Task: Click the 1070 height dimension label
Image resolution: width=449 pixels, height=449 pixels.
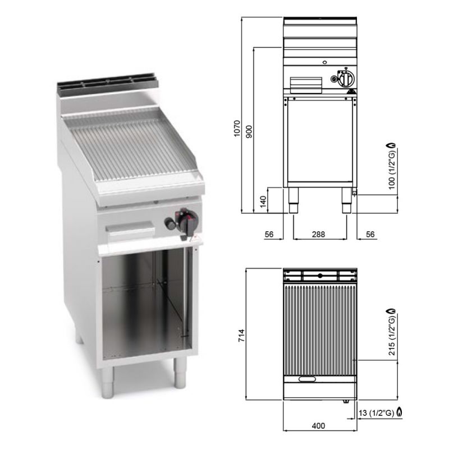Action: pyautogui.click(x=237, y=129)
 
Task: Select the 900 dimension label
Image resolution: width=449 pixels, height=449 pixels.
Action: pyautogui.click(x=249, y=132)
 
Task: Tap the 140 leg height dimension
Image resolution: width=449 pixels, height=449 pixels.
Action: pyautogui.click(x=263, y=201)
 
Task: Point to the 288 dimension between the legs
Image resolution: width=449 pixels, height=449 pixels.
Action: pyautogui.click(x=318, y=234)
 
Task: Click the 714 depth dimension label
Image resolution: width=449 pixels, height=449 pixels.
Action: pyautogui.click(x=242, y=335)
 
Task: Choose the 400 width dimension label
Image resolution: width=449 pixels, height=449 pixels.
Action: pyautogui.click(x=318, y=426)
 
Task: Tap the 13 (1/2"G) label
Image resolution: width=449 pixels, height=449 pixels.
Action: pyautogui.click(x=376, y=413)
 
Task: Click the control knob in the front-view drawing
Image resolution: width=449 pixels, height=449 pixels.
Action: pyautogui.click(x=346, y=78)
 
